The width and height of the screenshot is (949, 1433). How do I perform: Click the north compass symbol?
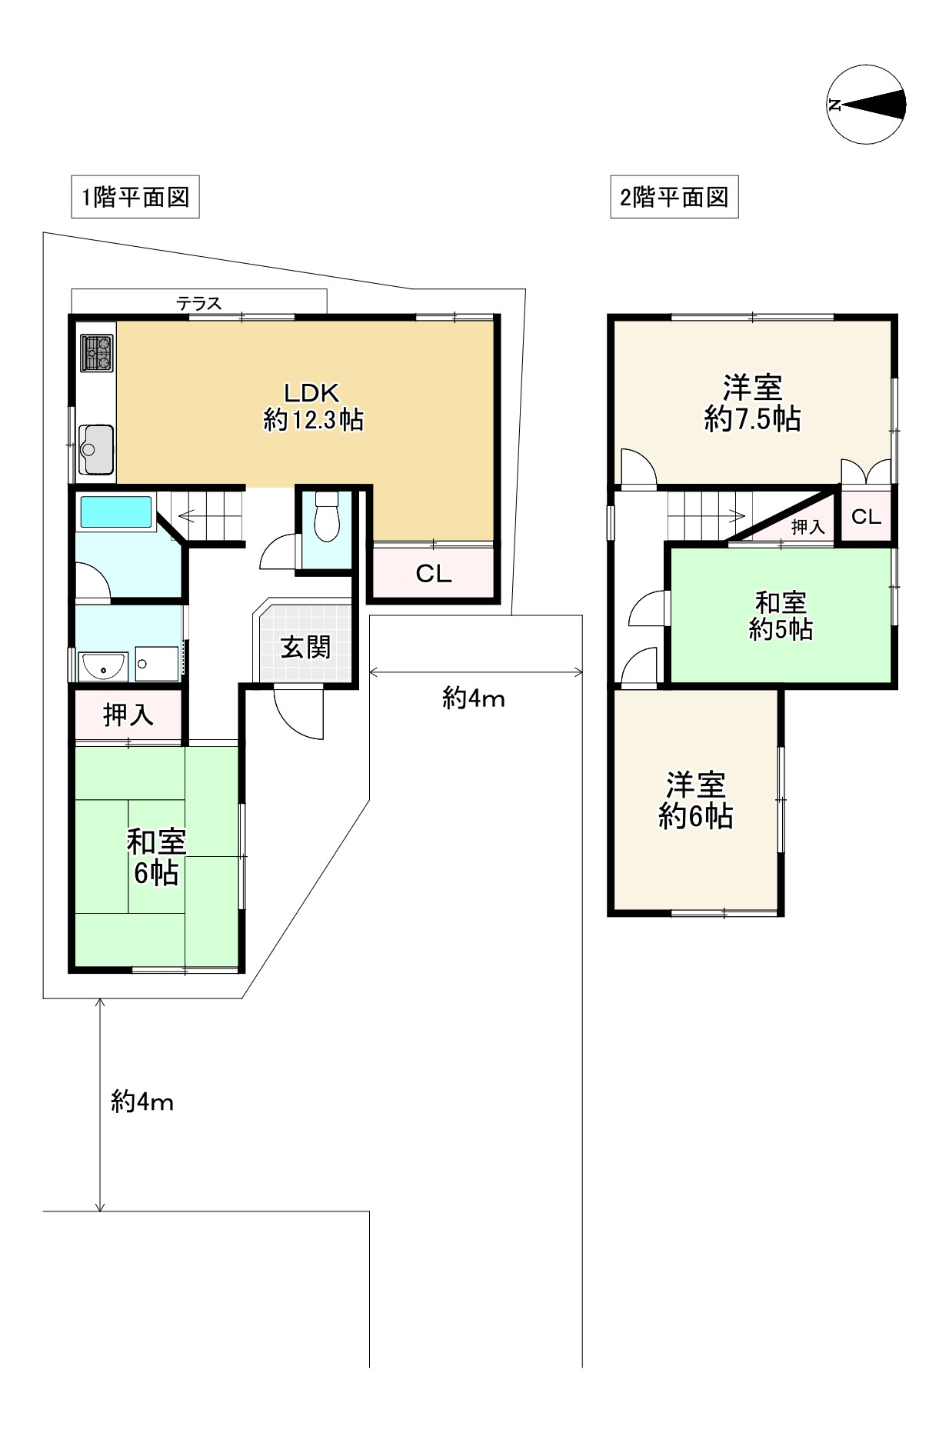tap(867, 105)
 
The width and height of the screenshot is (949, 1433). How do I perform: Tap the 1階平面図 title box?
tap(135, 198)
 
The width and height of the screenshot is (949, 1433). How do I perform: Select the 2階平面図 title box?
tap(674, 198)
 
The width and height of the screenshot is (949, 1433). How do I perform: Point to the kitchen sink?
tap(97, 450)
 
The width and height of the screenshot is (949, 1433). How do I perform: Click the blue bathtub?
tap(116, 512)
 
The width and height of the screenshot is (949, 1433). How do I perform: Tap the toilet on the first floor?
tap(327, 516)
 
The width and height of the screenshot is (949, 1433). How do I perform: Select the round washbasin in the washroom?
tap(104, 667)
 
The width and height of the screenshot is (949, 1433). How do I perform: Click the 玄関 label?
tap(305, 647)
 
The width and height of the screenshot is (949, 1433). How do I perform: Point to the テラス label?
tap(199, 303)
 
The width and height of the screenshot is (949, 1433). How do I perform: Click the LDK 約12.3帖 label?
tap(312, 406)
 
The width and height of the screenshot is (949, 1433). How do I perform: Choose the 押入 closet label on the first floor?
tap(128, 715)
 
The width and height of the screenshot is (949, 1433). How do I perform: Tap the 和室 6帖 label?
tap(156, 858)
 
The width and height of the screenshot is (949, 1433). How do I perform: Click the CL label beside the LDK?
tap(433, 574)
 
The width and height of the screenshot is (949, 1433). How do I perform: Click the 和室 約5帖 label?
tap(781, 615)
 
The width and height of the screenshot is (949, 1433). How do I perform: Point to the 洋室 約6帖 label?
tap(695, 800)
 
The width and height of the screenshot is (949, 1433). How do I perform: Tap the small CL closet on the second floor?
tap(866, 516)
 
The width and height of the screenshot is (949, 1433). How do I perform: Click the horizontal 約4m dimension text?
tap(473, 699)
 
